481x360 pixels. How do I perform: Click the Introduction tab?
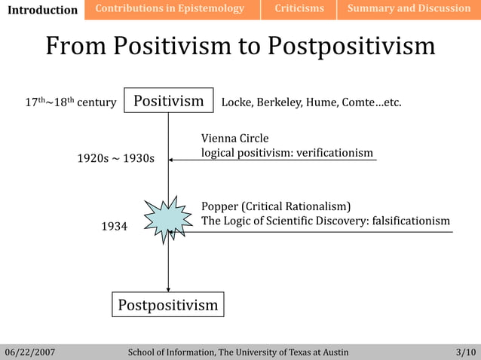pyautogui.click(x=42, y=10)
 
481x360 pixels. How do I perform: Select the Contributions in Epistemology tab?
pyautogui.click(x=170, y=9)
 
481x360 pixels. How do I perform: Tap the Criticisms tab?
pyautogui.click(x=299, y=9)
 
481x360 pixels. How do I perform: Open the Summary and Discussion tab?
pyautogui.click(x=409, y=9)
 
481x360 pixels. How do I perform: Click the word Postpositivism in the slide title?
pyautogui.click(x=351, y=46)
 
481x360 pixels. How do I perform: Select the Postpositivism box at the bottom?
pyautogui.click(x=168, y=305)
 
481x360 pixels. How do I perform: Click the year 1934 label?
pyautogui.click(x=115, y=226)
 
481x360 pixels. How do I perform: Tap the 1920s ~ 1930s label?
pyautogui.click(x=115, y=158)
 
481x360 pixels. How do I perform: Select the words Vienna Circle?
pyautogui.click(x=234, y=139)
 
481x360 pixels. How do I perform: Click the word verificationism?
pyautogui.click(x=334, y=153)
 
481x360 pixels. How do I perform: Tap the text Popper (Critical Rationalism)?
pyautogui.click(x=276, y=206)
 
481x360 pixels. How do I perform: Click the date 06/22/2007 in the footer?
pyautogui.click(x=30, y=352)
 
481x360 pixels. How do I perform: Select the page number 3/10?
pyautogui.click(x=466, y=352)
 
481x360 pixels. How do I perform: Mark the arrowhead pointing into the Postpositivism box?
pyautogui.click(x=168, y=288)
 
